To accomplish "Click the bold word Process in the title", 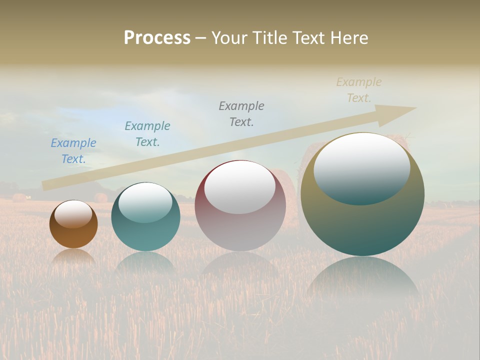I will [157, 38].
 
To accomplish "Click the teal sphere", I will [145, 235].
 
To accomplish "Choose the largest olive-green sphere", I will [362, 225].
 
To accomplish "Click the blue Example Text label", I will [73, 151].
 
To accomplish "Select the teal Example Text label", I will [147, 134].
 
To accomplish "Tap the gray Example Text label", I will [241, 114].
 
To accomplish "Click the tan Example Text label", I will [359, 90].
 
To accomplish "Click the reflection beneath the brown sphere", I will [73, 257].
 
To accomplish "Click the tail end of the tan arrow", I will [46, 185].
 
